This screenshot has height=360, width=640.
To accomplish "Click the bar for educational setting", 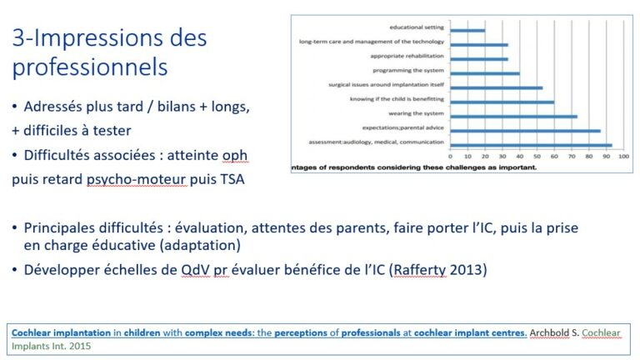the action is (467, 31).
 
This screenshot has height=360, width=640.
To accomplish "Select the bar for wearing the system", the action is (514, 117).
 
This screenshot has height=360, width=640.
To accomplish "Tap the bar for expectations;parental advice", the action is (526, 131).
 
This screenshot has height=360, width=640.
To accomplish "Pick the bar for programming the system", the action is (485, 74).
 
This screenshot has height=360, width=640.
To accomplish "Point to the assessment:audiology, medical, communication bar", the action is (532, 145).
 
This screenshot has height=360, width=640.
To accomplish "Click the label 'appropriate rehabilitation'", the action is (407, 56).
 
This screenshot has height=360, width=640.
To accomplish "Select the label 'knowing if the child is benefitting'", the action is (397, 99).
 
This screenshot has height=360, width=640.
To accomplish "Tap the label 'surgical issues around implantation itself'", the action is (386, 85).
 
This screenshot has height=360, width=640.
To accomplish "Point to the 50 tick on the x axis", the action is (537, 157).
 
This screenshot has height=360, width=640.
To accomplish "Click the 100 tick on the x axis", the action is (623, 157).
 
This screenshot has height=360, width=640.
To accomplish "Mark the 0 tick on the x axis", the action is (450, 157).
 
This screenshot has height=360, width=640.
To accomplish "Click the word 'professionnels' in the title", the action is (90, 67).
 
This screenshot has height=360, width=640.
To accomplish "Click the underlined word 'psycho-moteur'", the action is (137, 180).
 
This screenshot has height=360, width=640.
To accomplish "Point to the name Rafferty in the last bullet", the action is (420, 270).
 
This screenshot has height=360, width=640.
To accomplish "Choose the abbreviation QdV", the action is (196, 270).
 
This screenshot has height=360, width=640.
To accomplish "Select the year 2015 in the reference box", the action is (80, 346).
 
